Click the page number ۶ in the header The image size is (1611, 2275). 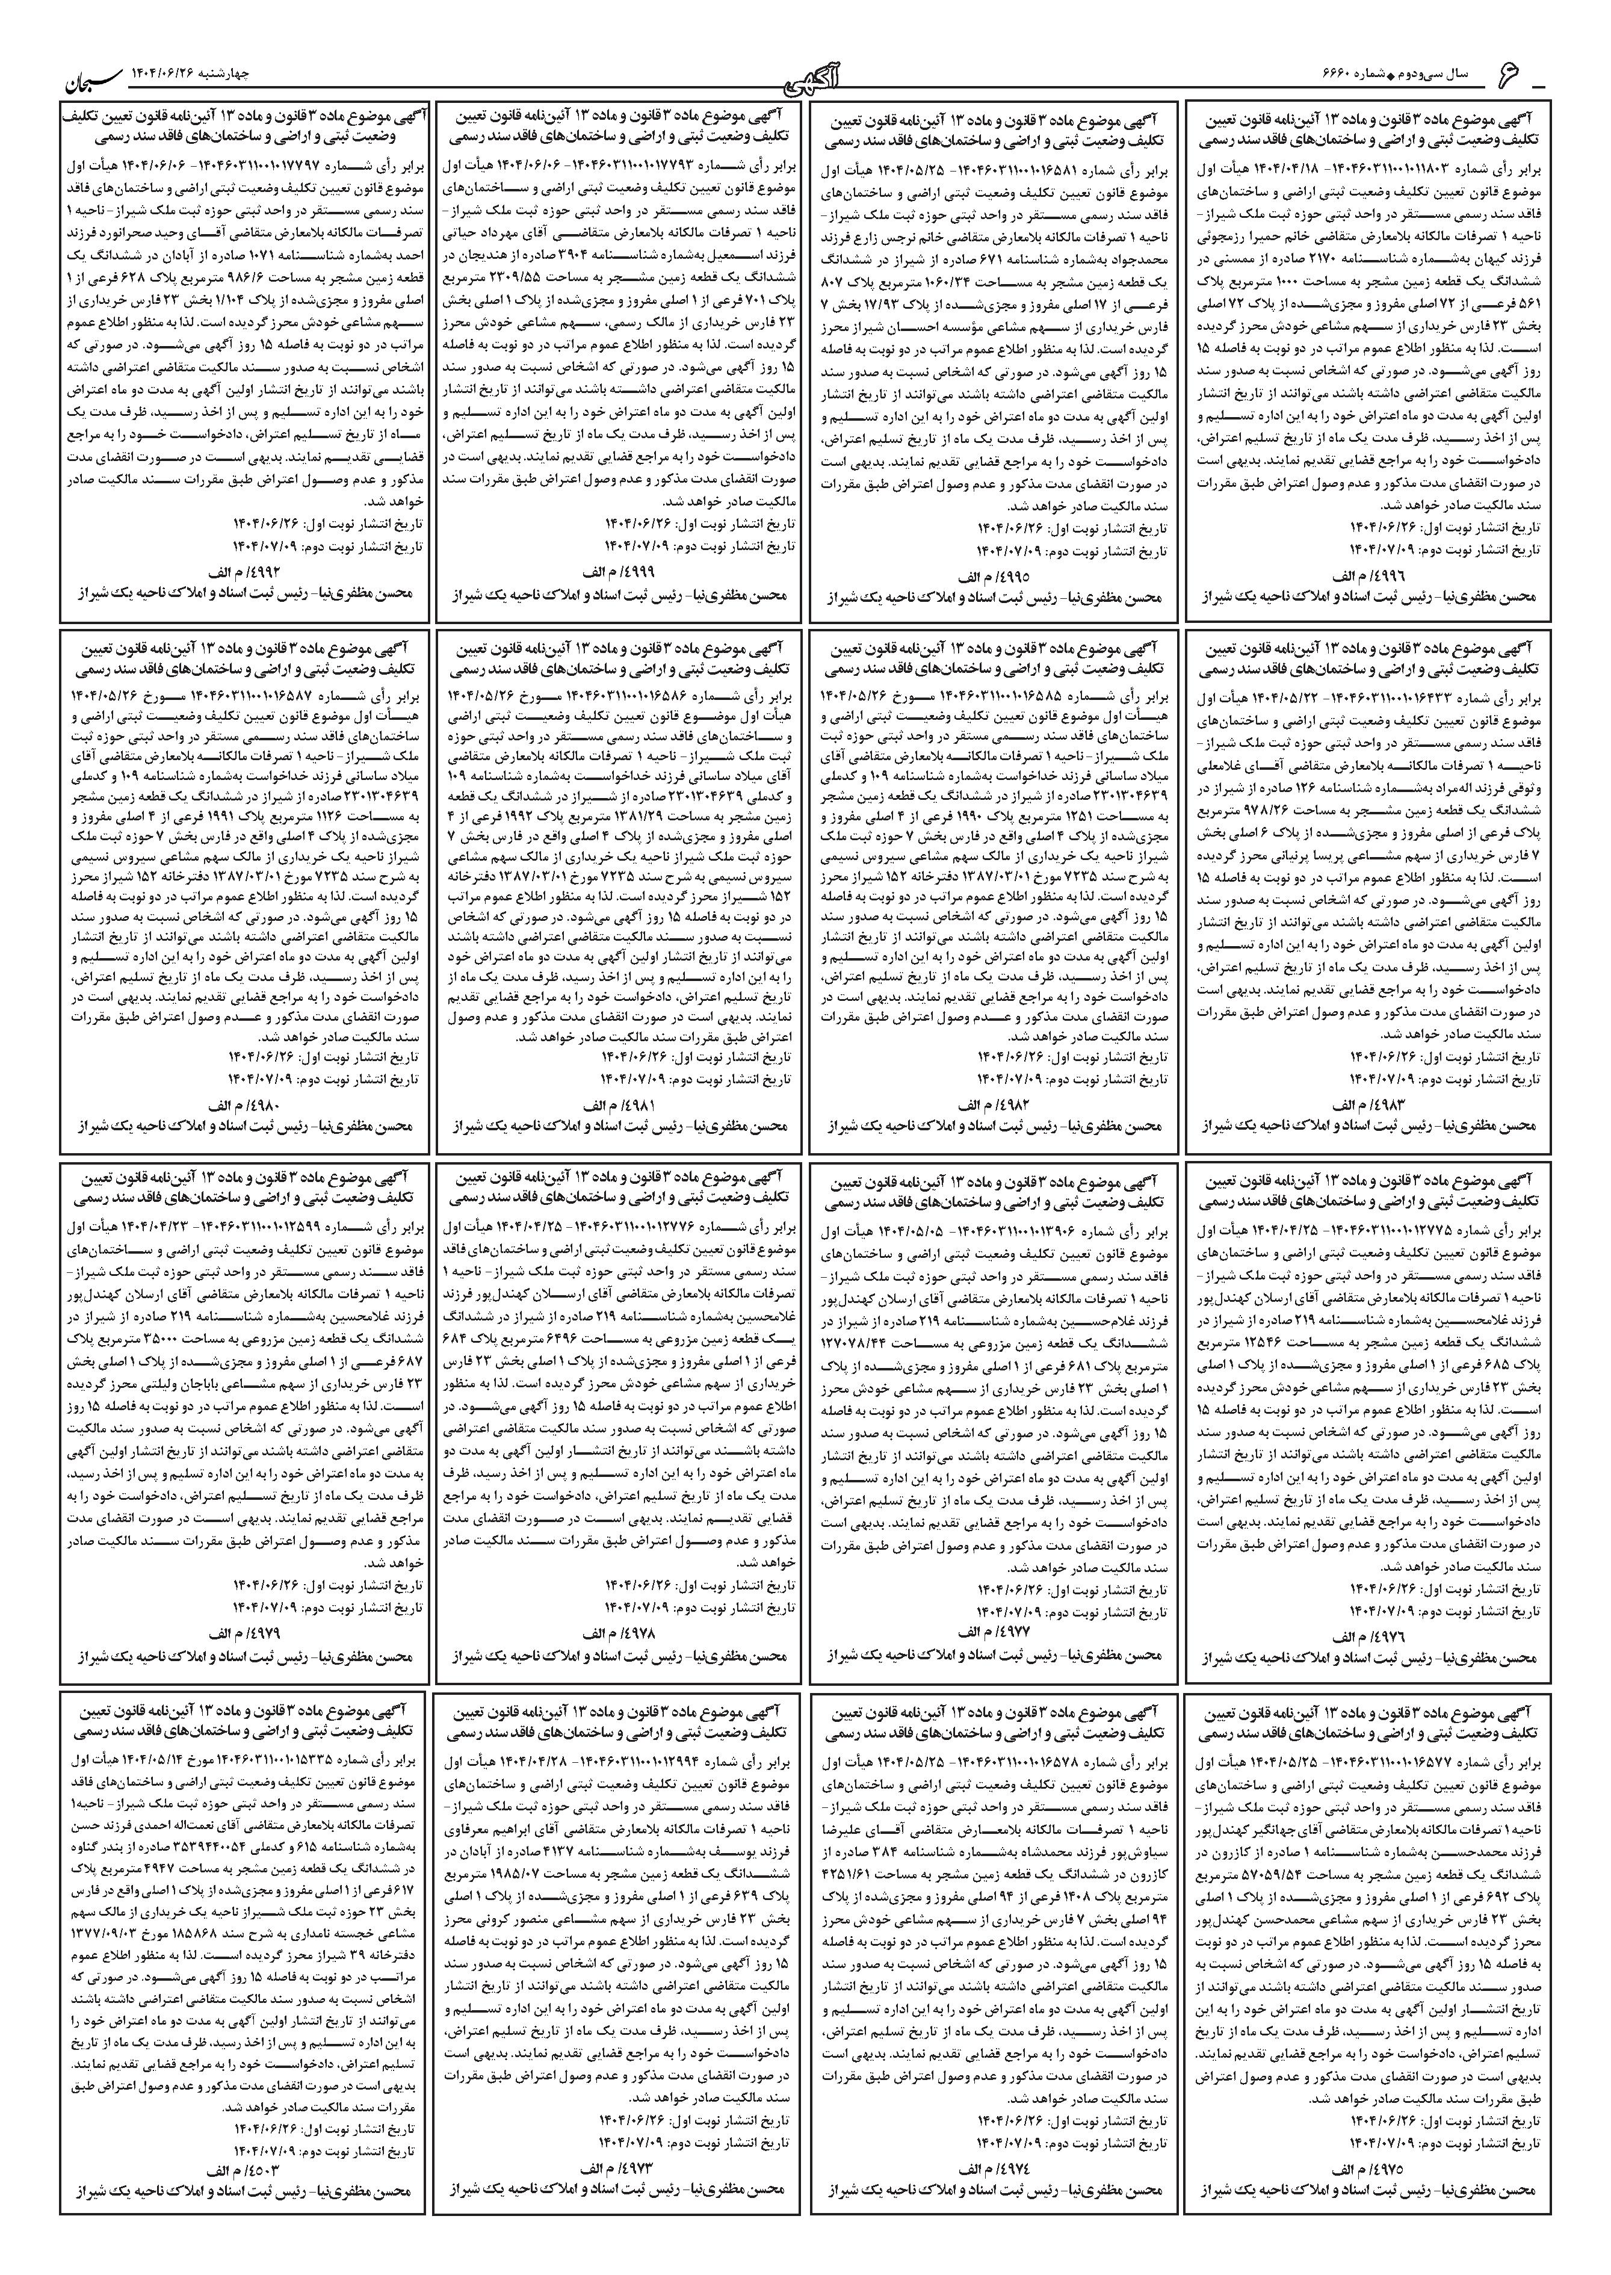point(1509,75)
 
